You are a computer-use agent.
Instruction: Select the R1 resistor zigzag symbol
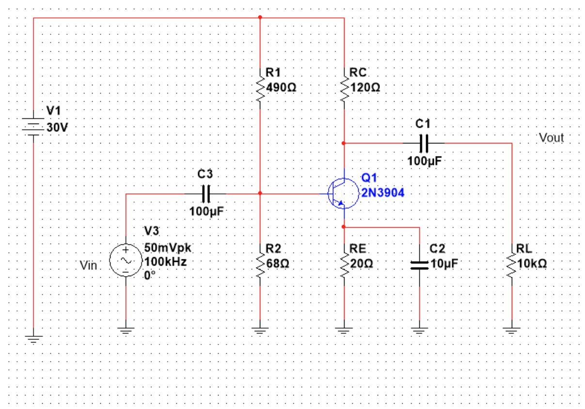(x=260, y=88)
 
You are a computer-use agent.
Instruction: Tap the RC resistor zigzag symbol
(x=344, y=88)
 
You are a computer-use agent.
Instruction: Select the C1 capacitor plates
(x=425, y=143)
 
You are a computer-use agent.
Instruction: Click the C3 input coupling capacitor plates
(x=206, y=194)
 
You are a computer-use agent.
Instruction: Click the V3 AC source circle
(x=126, y=261)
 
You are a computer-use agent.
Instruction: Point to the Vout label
(x=551, y=138)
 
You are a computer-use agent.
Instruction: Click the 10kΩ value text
(x=532, y=264)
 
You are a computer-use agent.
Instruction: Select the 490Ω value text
(x=281, y=88)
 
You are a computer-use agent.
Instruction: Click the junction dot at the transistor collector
(x=344, y=143)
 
